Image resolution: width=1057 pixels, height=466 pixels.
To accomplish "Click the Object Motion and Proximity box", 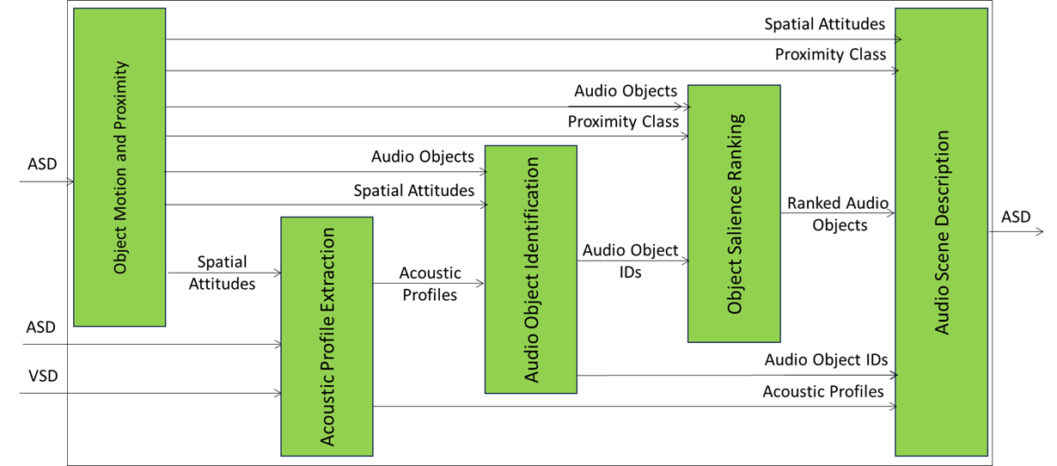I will [119, 168].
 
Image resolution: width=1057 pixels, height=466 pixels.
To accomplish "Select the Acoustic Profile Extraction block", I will [327, 336].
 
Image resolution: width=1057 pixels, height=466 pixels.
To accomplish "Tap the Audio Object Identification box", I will [530, 269].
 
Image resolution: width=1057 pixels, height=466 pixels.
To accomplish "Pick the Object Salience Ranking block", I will [734, 213].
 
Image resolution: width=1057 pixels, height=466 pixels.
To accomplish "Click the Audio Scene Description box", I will [941, 232].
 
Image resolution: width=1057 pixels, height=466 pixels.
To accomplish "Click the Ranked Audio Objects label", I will [838, 214].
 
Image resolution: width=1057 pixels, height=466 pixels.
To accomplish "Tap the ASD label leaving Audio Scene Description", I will [1015, 217].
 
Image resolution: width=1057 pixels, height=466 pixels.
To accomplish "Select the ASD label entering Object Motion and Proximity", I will [41, 163].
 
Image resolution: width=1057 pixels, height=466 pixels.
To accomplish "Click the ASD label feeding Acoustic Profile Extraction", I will [41, 327].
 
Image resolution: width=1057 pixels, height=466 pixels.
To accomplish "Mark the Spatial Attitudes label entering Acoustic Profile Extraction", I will [222, 273].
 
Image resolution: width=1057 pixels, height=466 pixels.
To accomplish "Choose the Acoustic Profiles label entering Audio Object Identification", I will [430, 283].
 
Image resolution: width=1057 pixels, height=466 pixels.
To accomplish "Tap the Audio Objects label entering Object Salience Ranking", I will [626, 90].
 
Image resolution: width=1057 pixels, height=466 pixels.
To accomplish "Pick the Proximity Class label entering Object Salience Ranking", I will [623, 122].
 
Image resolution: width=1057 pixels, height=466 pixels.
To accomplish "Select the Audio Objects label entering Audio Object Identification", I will [423, 156].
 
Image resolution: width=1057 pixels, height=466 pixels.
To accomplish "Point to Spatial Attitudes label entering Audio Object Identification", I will [414, 190].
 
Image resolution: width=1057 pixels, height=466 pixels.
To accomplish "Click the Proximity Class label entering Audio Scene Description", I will [830, 54].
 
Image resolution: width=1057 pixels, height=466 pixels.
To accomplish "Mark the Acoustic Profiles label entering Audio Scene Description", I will [823, 391].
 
